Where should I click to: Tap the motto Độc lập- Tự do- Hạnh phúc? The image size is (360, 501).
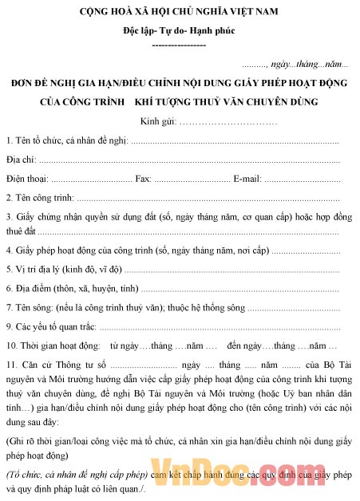point(179,31)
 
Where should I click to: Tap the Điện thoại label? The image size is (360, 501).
point(27,178)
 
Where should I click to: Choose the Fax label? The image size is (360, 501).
point(144,178)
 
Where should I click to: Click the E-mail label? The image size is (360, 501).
point(247,178)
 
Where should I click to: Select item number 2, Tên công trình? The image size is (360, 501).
point(40,197)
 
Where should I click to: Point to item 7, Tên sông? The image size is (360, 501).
point(29,306)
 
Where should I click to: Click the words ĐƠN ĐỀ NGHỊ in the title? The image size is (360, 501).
point(40,82)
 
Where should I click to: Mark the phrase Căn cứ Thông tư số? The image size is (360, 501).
point(61,365)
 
